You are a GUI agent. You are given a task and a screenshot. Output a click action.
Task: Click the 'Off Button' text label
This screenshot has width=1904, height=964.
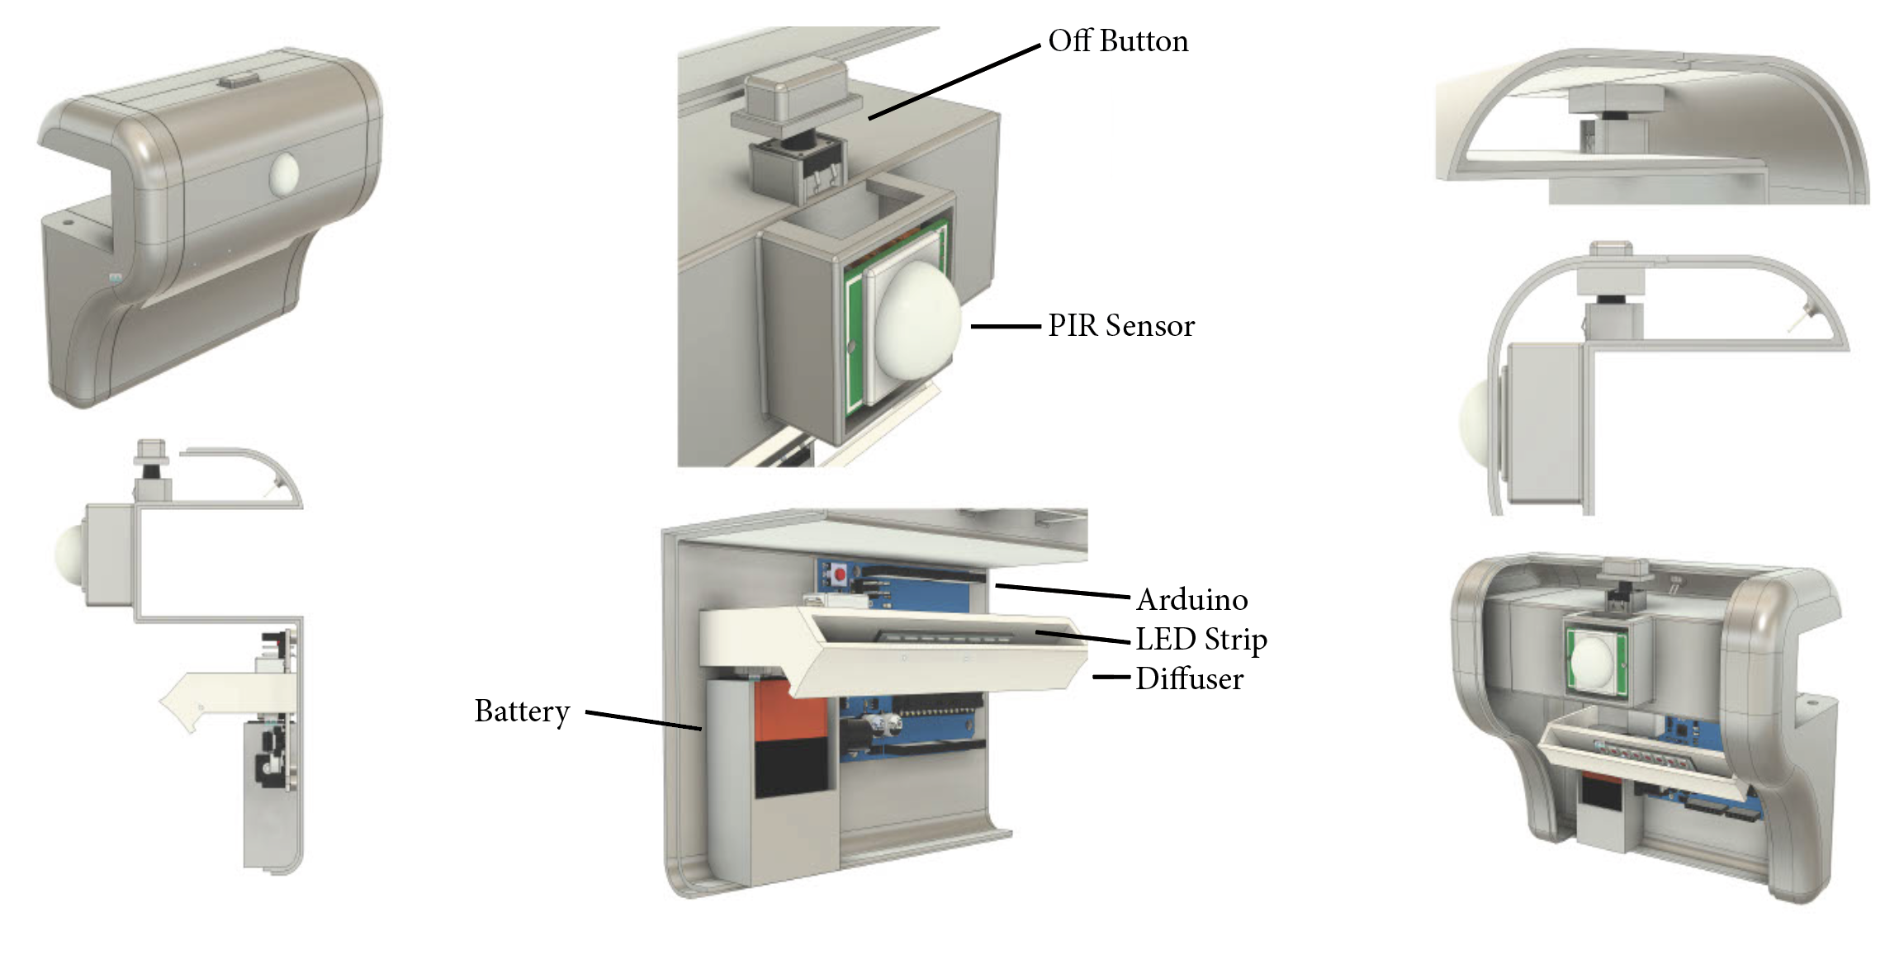pyautogui.click(x=1118, y=41)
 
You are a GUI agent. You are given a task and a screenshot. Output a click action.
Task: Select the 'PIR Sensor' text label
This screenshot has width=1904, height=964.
pyautogui.click(x=1120, y=326)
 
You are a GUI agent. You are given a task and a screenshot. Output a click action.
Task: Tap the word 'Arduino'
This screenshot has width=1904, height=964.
pyautogui.click(x=1191, y=600)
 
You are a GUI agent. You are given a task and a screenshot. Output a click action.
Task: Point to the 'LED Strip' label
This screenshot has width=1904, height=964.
pyautogui.click(x=1201, y=640)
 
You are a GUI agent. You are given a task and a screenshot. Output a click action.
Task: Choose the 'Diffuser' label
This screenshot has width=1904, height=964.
pyautogui.click(x=1189, y=679)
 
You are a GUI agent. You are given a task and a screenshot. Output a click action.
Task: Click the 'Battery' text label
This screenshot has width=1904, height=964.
pyautogui.click(x=522, y=711)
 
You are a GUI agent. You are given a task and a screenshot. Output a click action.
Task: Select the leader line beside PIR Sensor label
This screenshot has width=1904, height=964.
pyautogui.click(x=1005, y=327)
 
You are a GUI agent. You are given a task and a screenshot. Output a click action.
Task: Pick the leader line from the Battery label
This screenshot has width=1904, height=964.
pyautogui.click(x=644, y=720)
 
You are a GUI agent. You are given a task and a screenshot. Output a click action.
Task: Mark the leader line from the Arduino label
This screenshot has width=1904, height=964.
pyautogui.click(x=1062, y=591)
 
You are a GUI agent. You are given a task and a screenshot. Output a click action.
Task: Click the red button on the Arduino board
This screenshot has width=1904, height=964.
pyautogui.click(x=840, y=574)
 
